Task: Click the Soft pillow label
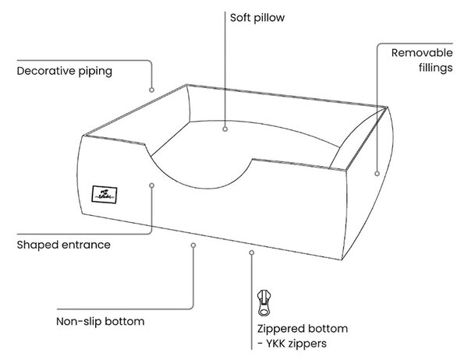[257, 18]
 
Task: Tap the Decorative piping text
[65, 71]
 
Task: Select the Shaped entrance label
[64, 245]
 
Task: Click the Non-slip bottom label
[101, 322]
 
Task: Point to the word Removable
[422, 53]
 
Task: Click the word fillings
[436, 68]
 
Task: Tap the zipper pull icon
[264, 302]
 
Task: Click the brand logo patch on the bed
[105, 195]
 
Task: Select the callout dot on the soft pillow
[225, 129]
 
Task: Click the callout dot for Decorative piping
[151, 90]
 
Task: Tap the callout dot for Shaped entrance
[151, 185]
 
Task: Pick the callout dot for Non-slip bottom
[193, 245]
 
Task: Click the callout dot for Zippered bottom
[252, 252]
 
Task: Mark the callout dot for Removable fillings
[377, 173]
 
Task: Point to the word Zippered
[280, 329]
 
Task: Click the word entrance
[87, 245]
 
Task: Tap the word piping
[95, 72]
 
